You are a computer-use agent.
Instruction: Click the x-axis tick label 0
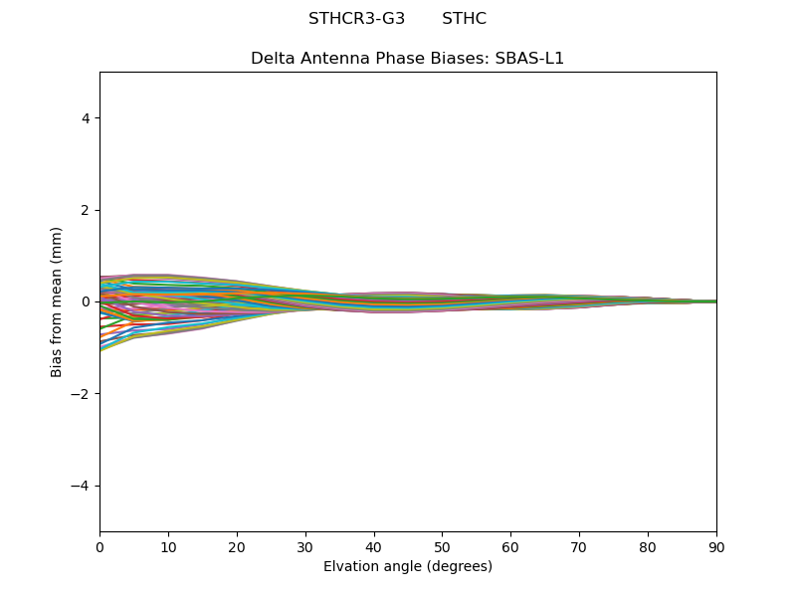tap(99, 546)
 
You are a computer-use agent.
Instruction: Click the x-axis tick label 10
tap(168, 546)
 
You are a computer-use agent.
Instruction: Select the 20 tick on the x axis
tap(237, 546)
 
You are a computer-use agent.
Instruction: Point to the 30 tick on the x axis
tap(305, 546)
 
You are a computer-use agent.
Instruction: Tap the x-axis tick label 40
tap(374, 546)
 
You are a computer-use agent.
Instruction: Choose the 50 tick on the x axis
tap(442, 546)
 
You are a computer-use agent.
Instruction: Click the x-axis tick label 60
tap(510, 546)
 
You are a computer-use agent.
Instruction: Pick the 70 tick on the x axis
tap(579, 546)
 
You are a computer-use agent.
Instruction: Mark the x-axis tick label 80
tap(648, 546)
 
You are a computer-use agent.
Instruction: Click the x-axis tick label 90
tap(716, 546)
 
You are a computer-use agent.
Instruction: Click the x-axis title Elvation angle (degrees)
tap(408, 566)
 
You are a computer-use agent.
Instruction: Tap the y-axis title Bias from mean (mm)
tap(58, 301)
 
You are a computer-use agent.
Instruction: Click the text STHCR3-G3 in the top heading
tap(356, 19)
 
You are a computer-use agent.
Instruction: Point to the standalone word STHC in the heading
tap(464, 19)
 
